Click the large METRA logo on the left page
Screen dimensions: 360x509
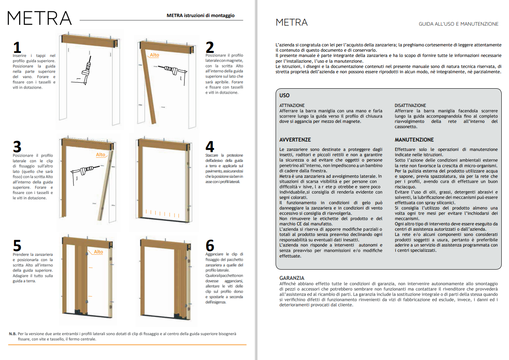39,18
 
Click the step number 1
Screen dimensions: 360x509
17,47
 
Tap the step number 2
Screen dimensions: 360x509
210,47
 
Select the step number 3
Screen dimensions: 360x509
17,146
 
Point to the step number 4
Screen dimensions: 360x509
210,146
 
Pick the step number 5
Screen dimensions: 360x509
17,246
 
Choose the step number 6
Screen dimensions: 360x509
210,246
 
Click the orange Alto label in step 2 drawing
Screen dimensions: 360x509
154,55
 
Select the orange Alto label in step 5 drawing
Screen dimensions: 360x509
98,252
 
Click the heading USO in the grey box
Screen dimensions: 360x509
285,95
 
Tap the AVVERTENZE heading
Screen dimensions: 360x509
295,140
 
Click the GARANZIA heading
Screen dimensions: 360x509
292,278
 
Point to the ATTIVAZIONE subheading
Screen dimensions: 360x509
292,105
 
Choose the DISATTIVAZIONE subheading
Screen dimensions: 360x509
410,105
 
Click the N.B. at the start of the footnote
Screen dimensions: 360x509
13,334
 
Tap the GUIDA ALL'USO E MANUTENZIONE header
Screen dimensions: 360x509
459,24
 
